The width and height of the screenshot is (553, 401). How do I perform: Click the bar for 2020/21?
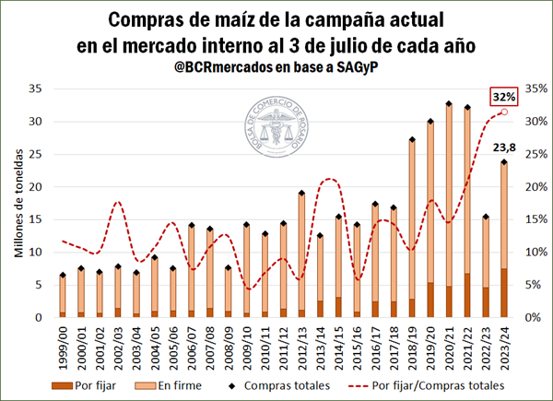point(448,212)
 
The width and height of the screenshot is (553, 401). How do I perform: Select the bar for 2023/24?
point(502,240)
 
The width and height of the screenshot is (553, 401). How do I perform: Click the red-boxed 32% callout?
point(503,95)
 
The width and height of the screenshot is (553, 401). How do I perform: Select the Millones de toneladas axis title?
point(18,203)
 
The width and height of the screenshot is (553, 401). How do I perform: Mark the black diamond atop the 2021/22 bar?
point(466,108)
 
